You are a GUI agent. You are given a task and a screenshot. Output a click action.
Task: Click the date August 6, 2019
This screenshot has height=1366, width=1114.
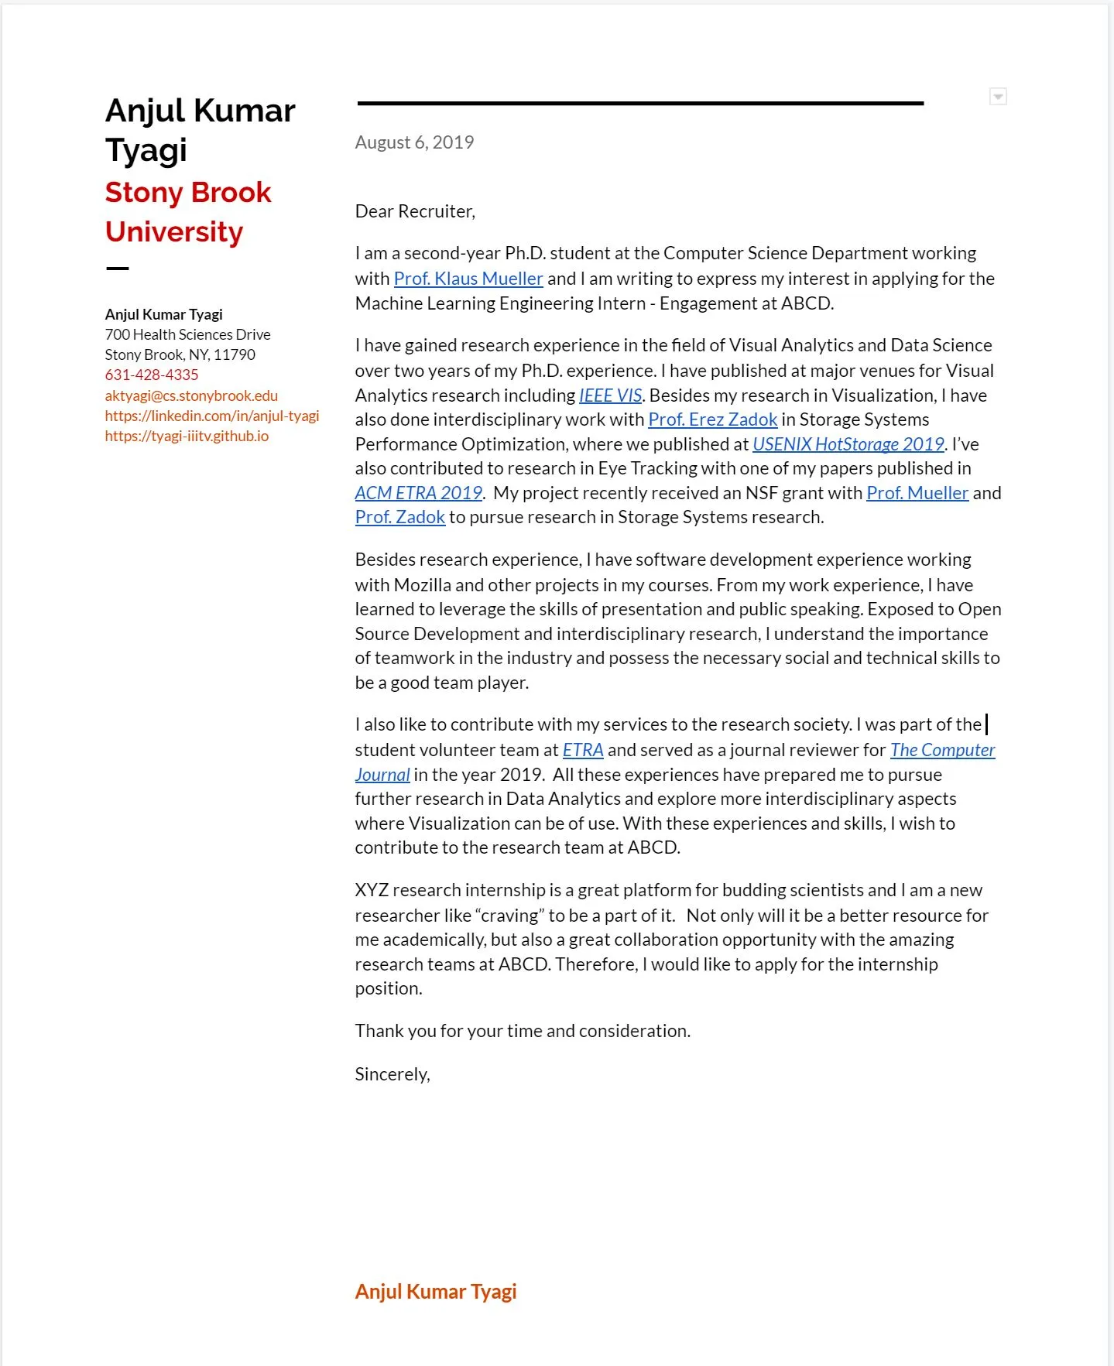(414, 142)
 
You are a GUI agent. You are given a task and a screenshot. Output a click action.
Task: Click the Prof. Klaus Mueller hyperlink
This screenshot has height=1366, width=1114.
(468, 279)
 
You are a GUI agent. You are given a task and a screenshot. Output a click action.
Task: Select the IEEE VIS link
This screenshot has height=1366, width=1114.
(610, 395)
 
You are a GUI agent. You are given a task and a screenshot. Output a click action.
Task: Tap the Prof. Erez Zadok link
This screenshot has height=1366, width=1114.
(712, 419)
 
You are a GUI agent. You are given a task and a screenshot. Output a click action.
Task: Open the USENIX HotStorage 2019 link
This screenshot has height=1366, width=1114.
(848, 444)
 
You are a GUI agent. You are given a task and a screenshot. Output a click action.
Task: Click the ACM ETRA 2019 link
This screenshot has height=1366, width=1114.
(418, 493)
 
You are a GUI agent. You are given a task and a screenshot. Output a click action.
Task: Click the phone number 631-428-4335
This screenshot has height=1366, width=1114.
(152, 375)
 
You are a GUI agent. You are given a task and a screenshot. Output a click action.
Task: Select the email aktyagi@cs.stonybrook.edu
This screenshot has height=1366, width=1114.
(191, 395)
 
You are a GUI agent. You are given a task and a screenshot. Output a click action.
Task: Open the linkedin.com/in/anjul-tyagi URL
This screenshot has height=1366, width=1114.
(211, 416)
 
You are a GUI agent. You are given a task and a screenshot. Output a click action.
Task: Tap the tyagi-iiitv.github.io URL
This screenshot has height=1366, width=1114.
(187, 436)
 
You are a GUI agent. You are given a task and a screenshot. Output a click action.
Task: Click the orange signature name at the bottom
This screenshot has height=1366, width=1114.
(435, 1291)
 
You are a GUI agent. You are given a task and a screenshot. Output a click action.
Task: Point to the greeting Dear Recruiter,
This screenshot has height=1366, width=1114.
(415, 211)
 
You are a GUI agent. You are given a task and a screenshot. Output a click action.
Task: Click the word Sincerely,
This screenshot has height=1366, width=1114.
(392, 1074)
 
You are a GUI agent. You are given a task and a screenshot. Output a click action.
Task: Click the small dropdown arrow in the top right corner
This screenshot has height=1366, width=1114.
(998, 97)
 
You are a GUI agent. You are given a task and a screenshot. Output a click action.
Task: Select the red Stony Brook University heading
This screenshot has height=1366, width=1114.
(187, 212)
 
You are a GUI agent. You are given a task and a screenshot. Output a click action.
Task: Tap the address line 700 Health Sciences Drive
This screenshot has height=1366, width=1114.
(187, 334)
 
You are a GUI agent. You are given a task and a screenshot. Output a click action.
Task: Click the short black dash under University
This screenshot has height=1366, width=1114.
(117, 269)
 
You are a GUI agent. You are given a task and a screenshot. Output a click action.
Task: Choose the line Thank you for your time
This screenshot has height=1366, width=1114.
(522, 1031)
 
